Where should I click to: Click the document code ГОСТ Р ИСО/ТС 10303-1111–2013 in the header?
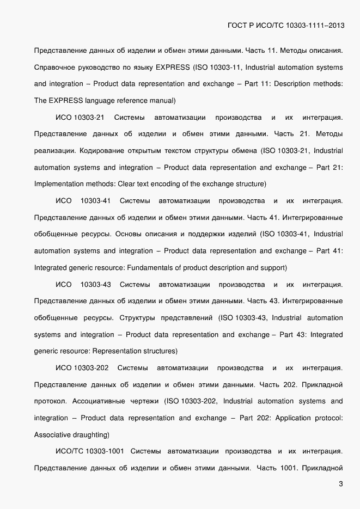[285, 26]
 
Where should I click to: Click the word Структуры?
[137, 318]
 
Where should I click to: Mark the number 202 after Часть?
[289, 385]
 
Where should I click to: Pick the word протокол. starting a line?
[50, 401]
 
